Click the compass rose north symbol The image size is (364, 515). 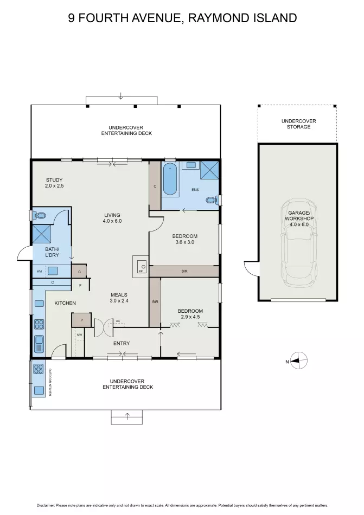(298, 360)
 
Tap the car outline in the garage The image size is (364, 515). (299, 242)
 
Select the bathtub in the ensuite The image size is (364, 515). (170, 179)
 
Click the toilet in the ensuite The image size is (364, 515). (212, 199)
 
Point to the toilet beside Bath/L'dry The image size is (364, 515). (40, 216)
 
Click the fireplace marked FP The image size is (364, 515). (141, 266)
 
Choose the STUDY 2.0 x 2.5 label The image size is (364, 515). (54, 183)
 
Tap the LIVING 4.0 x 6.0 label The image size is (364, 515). (112, 218)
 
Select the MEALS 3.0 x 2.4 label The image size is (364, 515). (119, 298)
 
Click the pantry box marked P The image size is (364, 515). (81, 320)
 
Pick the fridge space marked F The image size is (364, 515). (80, 285)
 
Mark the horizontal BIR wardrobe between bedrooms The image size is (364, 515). (184, 271)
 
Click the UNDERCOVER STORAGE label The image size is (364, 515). (298, 124)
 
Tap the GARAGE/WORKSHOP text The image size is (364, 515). (299, 215)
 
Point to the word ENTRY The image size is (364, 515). (122, 343)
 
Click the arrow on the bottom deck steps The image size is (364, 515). (127, 416)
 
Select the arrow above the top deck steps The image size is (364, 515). (121, 96)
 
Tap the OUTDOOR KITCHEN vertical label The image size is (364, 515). (50, 382)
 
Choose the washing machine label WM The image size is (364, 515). (40, 271)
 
